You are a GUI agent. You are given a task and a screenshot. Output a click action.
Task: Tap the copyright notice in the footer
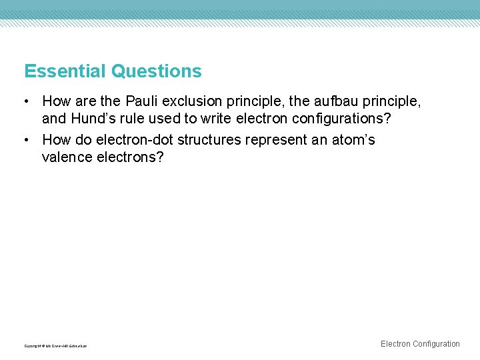[x=55, y=346]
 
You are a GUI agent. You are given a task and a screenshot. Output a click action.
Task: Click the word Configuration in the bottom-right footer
[x=436, y=344]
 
